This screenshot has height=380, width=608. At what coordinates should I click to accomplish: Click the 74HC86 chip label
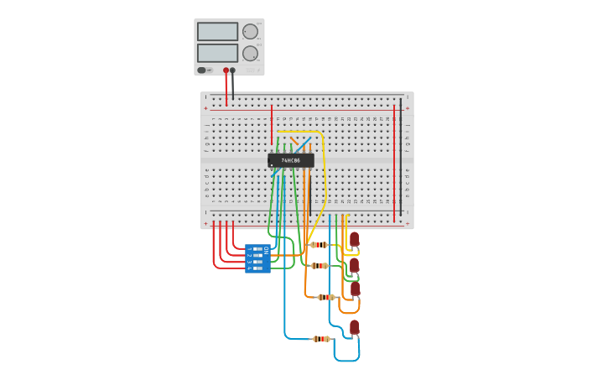point(291,160)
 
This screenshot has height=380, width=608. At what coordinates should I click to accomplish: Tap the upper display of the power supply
point(217,32)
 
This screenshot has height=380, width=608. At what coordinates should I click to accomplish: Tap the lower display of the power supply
point(217,53)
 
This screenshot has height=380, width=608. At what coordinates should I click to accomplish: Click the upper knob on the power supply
point(250,32)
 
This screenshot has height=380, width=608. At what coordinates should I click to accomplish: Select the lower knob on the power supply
point(250,54)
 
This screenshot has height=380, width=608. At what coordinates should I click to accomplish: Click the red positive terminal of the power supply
point(226,70)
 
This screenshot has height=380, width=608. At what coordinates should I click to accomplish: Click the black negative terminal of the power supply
point(233,70)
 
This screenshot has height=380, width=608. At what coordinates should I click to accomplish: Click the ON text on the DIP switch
point(267,250)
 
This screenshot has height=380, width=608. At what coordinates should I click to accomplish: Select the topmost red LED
point(355,239)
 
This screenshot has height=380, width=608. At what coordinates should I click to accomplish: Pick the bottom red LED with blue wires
point(355,327)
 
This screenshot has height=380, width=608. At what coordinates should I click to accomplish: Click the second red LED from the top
point(355,265)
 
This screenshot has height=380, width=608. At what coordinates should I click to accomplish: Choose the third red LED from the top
point(355,289)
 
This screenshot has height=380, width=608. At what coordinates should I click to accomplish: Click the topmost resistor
point(319,245)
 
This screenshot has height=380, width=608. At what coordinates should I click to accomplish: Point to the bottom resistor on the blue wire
point(321,339)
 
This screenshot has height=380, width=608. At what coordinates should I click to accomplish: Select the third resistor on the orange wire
point(326,297)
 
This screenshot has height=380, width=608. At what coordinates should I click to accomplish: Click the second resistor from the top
point(319,266)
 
